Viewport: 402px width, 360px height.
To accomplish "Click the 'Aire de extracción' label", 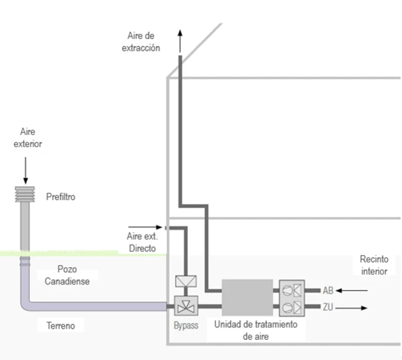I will [x=141, y=42].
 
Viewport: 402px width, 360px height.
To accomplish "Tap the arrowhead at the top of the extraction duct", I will [x=180, y=33].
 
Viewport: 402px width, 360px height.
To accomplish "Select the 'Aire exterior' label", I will [x=28, y=138].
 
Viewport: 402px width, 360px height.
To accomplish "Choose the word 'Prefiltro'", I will [x=62, y=196].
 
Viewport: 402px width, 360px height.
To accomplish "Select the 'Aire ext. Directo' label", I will [x=142, y=243].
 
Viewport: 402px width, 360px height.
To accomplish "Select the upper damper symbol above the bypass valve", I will [x=186, y=282].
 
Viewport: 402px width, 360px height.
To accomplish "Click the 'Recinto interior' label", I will [x=373, y=265].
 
